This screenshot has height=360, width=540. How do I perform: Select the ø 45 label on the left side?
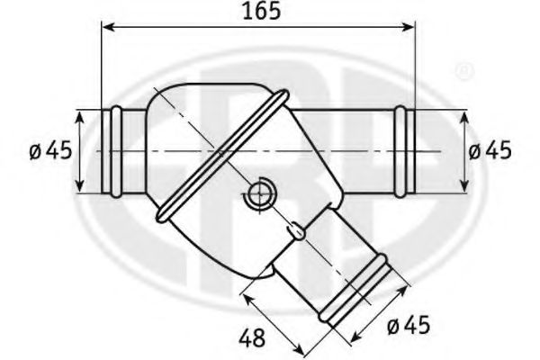[x=49, y=150]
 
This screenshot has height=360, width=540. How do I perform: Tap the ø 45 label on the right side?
[x=490, y=150]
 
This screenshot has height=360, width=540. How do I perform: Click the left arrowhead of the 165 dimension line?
[x=108, y=29]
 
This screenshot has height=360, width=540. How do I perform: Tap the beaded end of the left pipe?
[x=116, y=151]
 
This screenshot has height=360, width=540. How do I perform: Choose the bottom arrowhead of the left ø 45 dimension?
[x=81, y=188]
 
